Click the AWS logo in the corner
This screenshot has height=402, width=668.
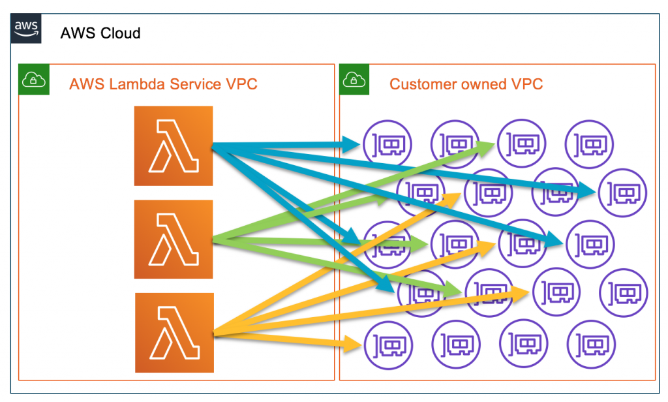[26, 29]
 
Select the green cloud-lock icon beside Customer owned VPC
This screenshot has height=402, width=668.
[353, 80]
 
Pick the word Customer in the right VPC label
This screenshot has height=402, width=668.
[417, 84]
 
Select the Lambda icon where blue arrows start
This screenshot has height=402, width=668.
[174, 146]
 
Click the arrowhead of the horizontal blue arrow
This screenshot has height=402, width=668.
[353, 144]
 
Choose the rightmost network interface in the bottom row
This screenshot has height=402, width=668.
[591, 343]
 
